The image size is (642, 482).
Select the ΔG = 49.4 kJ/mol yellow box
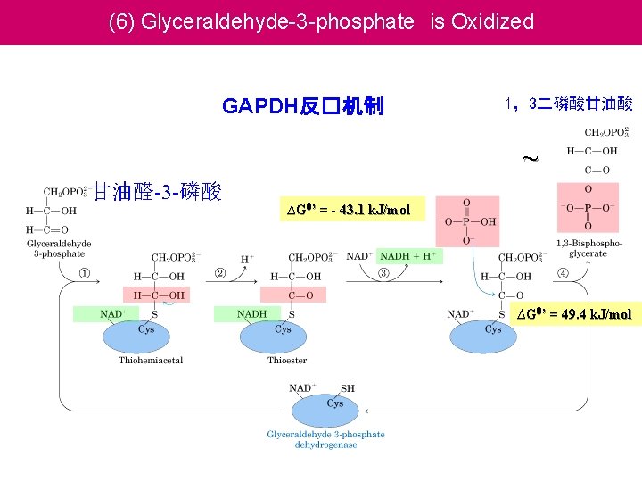[x=574, y=314]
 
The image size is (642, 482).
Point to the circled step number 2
[x=219, y=273]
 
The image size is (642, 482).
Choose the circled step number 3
[x=383, y=273]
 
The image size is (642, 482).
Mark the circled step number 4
[x=564, y=273]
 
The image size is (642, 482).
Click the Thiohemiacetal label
[x=151, y=361]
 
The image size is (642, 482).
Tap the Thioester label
[x=287, y=361]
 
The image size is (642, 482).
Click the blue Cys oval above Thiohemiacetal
[x=146, y=333]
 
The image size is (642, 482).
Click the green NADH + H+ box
[x=407, y=256]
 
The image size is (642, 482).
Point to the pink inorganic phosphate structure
[x=467, y=220]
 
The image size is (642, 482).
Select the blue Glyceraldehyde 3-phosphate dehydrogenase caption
[x=326, y=439]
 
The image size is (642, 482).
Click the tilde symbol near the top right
[x=530, y=160]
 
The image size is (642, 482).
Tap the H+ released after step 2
[x=247, y=260]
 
